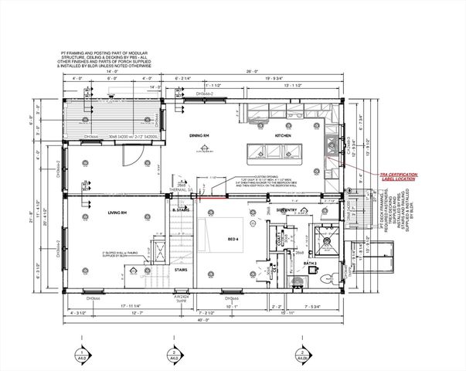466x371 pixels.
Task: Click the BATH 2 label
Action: pyautogui.click(x=311, y=264)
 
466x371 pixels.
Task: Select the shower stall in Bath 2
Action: pyautogui.click(x=325, y=239)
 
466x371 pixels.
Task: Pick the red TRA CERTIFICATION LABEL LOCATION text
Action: pyautogui.click(x=397, y=177)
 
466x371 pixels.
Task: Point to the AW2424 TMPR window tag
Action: pyautogui.click(x=181, y=298)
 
